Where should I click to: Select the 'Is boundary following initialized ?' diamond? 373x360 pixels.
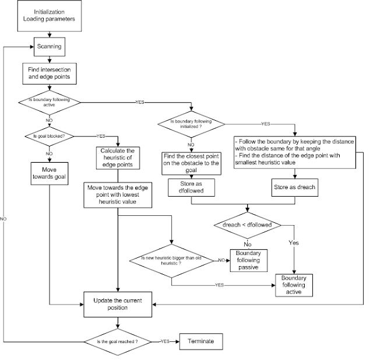coord(190,124)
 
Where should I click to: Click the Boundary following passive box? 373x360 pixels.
coord(249,260)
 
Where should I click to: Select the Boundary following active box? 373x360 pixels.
coord(294,284)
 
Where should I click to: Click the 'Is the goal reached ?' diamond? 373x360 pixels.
coord(118,341)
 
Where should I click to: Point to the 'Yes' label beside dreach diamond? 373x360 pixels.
coord(294,241)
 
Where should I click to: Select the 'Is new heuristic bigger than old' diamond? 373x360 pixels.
coord(172,260)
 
